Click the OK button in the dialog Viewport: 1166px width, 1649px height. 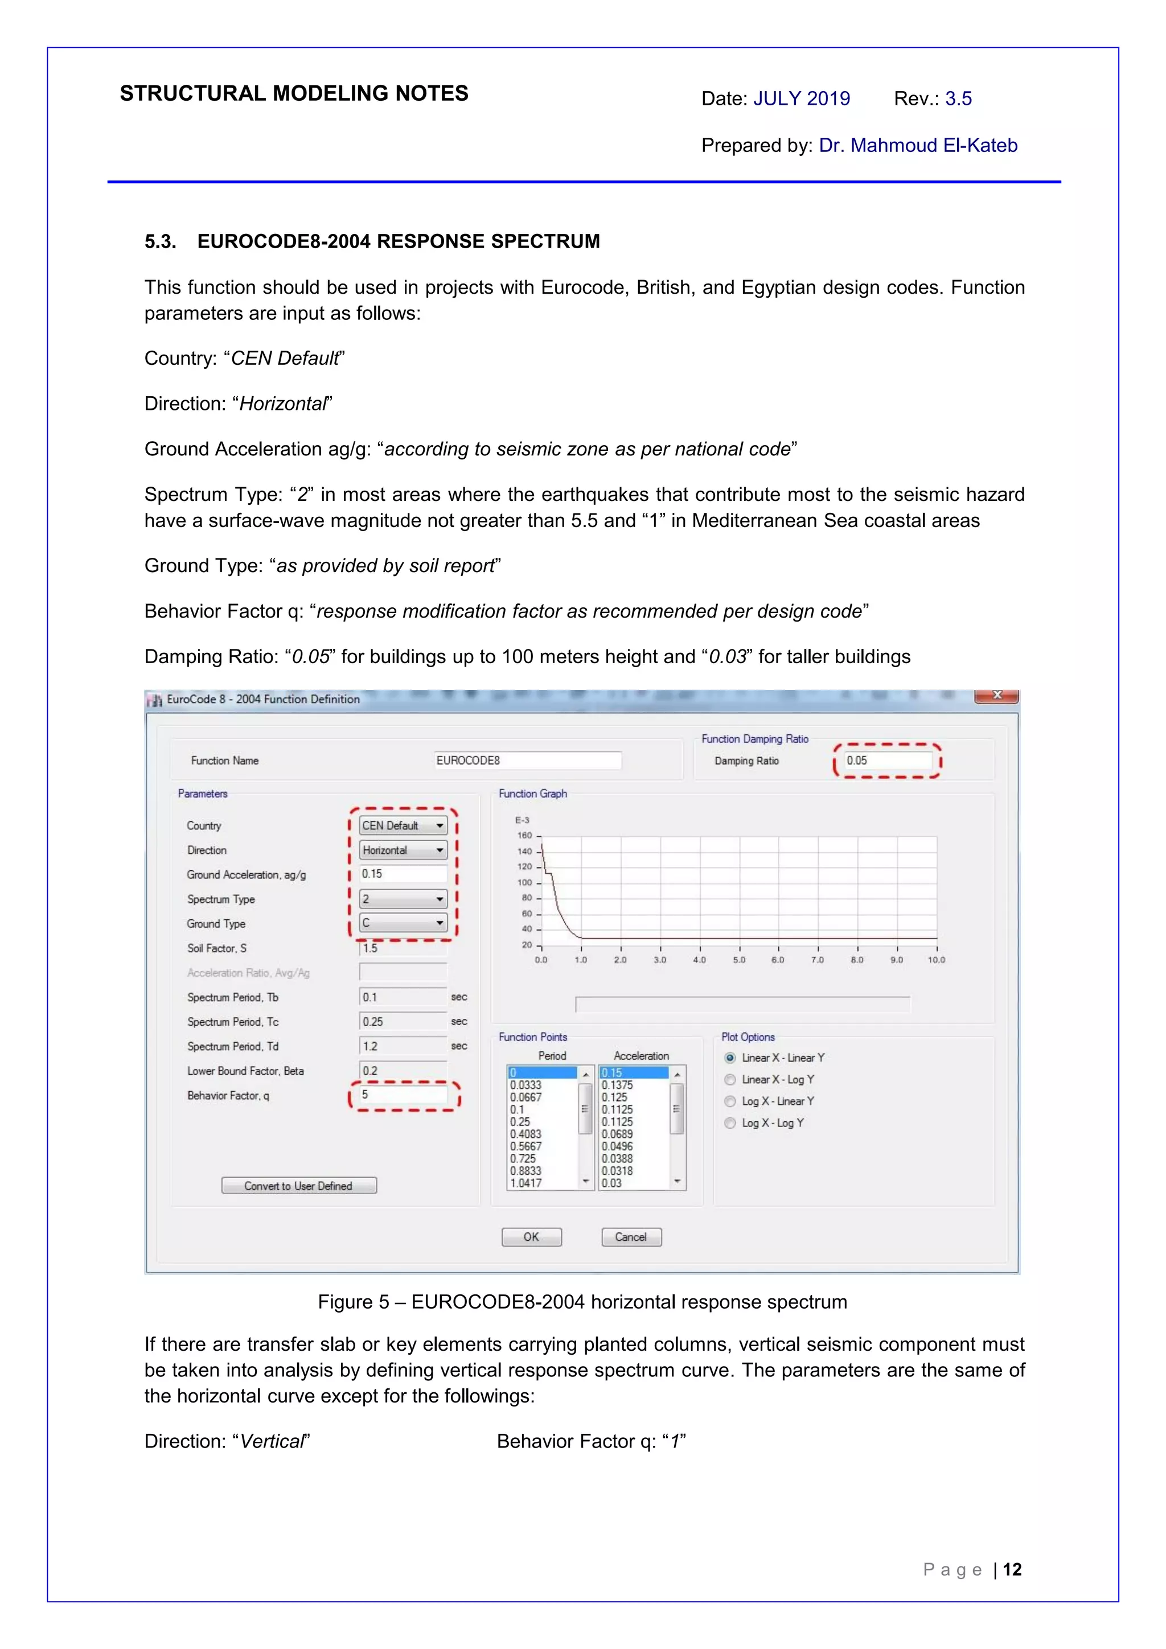click(531, 1237)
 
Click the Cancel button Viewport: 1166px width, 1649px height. click(631, 1237)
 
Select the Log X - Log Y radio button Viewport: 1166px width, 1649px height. click(730, 1122)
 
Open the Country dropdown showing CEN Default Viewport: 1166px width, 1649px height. click(403, 825)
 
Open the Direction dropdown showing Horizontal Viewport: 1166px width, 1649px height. click(403, 850)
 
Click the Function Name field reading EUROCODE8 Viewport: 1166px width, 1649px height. click(528, 760)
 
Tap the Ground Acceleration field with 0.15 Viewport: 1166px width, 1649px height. click(403, 874)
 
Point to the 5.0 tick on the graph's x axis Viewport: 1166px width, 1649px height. click(738, 960)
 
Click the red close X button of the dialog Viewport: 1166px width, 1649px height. click(996, 695)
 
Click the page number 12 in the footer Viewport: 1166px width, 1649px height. click(1012, 1570)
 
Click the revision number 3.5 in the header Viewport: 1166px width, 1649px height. click(958, 98)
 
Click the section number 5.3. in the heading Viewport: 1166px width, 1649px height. click(160, 241)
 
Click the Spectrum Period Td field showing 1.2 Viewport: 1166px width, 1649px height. click(403, 1046)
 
